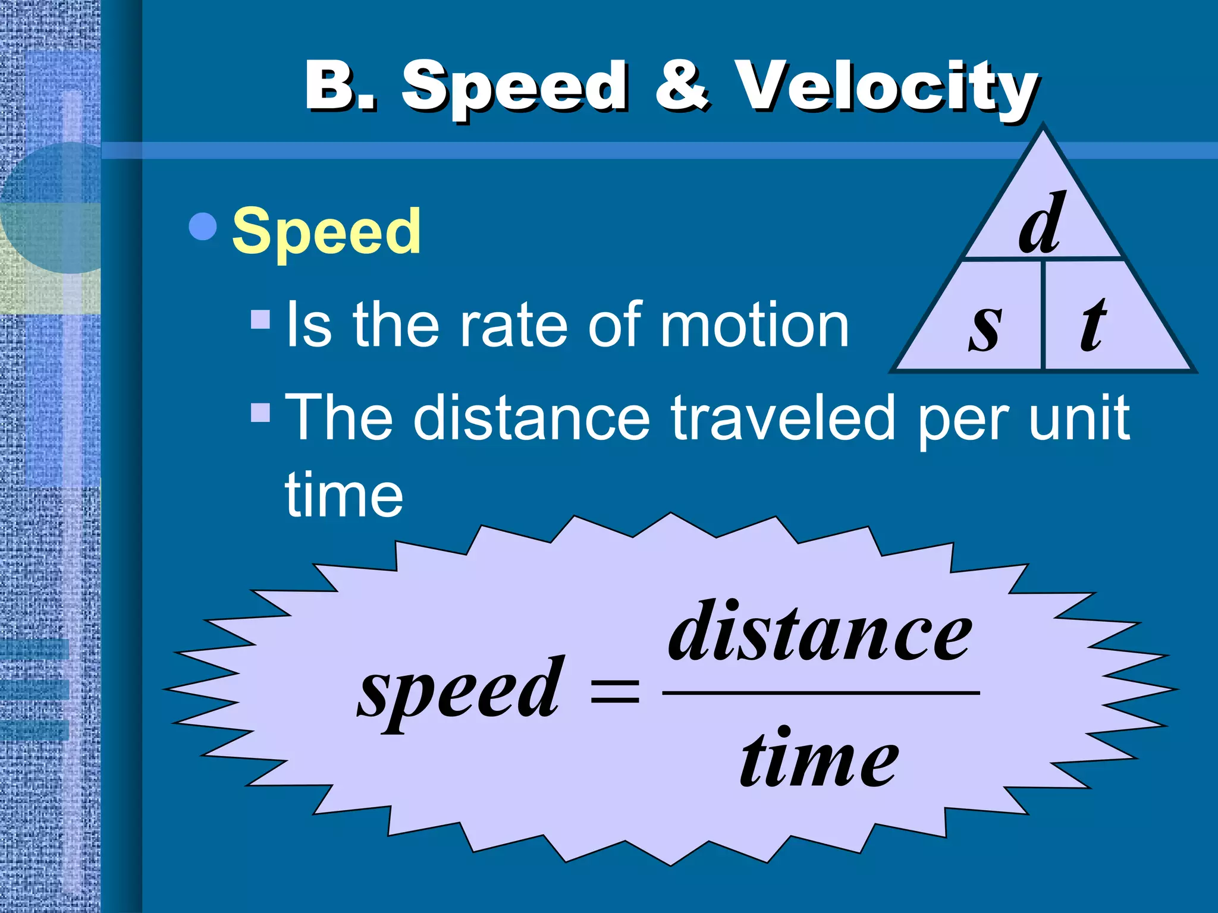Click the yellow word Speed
coord(327,232)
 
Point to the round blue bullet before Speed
coord(203,226)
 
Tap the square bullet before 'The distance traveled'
coord(260,412)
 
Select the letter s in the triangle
coord(985,326)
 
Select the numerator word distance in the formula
coord(820,632)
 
